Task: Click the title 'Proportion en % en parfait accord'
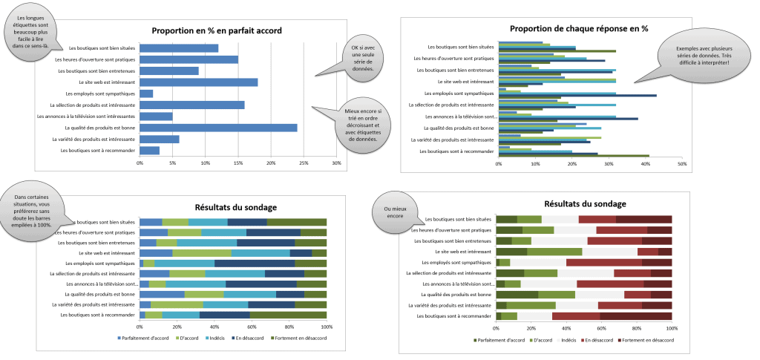pyautogui.click(x=216, y=30)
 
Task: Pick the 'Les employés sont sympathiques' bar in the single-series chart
pyautogui.click(x=146, y=94)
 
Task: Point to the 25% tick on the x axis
pyautogui.click(x=304, y=163)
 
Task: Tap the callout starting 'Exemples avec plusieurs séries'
pyautogui.click(x=702, y=56)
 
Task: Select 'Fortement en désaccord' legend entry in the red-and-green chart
pyautogui.click(x=642, y=339)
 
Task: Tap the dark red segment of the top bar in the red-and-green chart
pyautogui.click(x=643, y=219)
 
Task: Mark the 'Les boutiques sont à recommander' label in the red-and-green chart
pyautogui.click(x=456, y=315)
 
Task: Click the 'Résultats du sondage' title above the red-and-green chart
pyautogui.click(x=585, y=203)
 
